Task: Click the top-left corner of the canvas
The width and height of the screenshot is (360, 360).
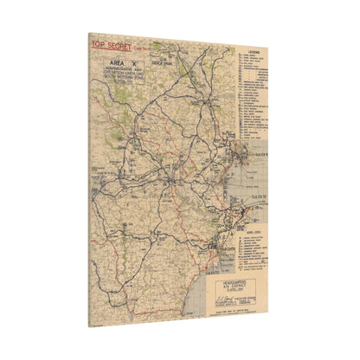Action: (x=89, y=33)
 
